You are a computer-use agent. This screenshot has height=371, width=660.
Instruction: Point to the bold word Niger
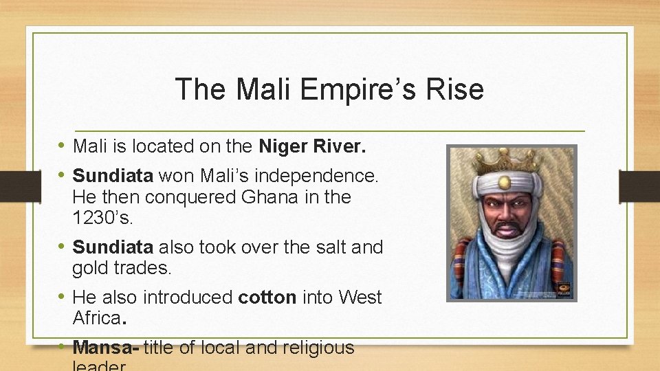tap(285, 146)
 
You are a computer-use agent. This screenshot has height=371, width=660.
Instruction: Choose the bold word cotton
tap(267, 297)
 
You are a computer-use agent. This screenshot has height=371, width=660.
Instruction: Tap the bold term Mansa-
tap(106, 348)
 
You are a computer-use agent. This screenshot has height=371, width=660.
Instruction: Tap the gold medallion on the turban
tap(505, 182)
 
